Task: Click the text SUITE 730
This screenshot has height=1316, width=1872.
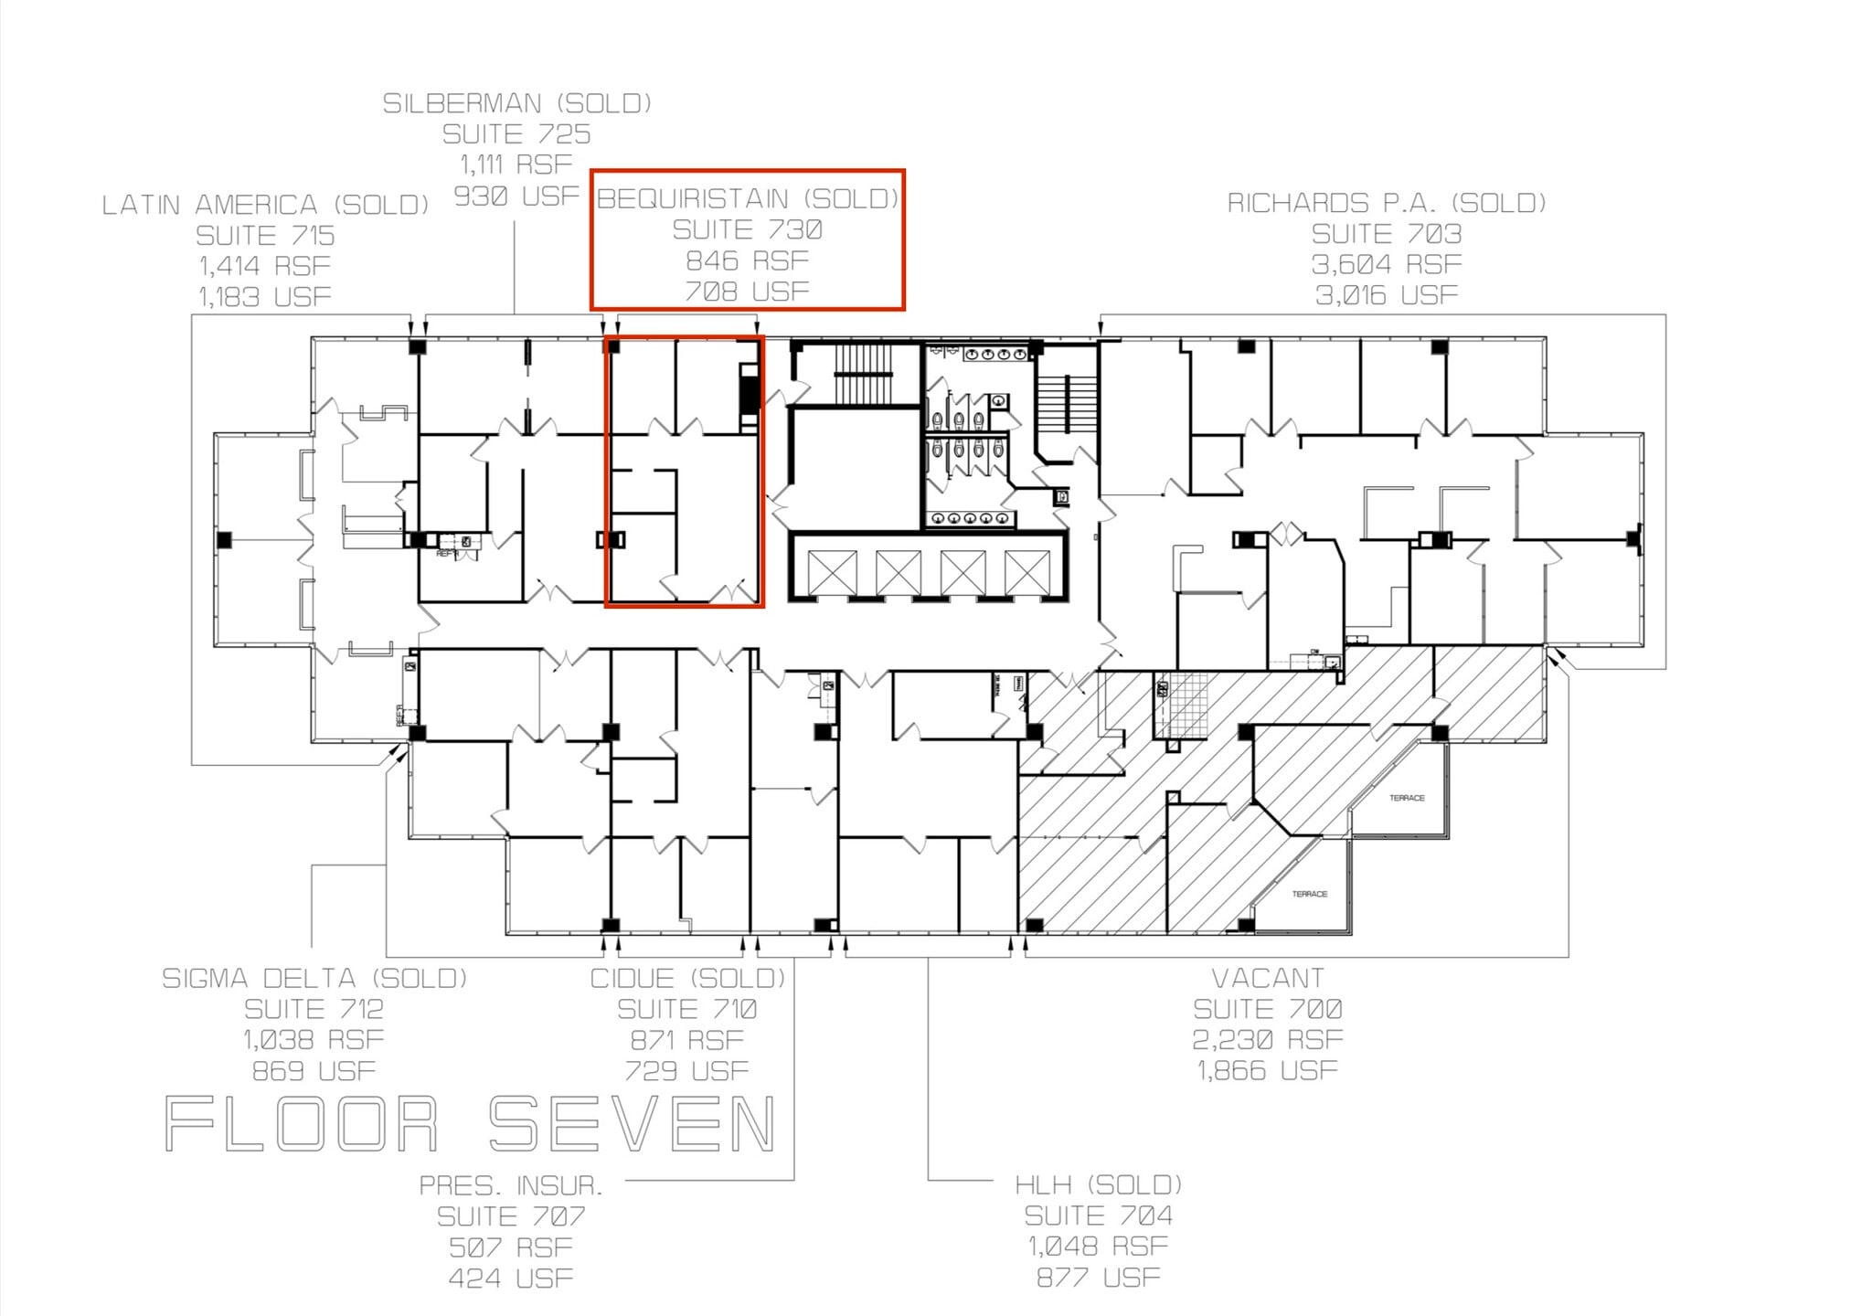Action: [x=747, y=229]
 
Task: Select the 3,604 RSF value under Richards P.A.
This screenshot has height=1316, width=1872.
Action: [x=1386, y=264]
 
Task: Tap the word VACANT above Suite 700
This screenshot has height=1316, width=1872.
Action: [x=1267, y=978]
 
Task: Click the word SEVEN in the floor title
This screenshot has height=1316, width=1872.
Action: [x=633, y=1124]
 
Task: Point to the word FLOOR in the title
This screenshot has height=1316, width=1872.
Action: [x=302, y=1124]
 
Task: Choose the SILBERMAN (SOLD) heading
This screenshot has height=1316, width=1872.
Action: [x=516, y=103]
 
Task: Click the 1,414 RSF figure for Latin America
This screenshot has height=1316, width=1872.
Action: [x=265, y=266]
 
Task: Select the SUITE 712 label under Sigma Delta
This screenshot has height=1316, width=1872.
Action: [x=314, y=1009]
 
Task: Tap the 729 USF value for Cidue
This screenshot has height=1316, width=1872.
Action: [x=686, y=1070]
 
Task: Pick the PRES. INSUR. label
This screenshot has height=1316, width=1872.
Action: [x=511, y=1185]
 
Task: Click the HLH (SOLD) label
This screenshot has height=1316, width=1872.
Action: [x=1098, y=1184]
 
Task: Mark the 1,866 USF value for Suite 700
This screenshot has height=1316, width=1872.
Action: [x=1267, y=1070]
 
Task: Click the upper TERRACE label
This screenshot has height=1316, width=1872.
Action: [x=1406, y=798]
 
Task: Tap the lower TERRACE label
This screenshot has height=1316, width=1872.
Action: [x=1309, y=894]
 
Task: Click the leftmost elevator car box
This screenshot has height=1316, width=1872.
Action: [x=832, y=572]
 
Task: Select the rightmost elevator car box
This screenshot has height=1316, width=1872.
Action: [x=1026, y=572]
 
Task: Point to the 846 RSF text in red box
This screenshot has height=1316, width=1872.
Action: [x=747, y=260]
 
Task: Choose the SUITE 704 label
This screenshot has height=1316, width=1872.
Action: [x=1098, y=1215]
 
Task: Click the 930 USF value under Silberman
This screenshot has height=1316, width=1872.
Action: [x=516, y=196]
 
